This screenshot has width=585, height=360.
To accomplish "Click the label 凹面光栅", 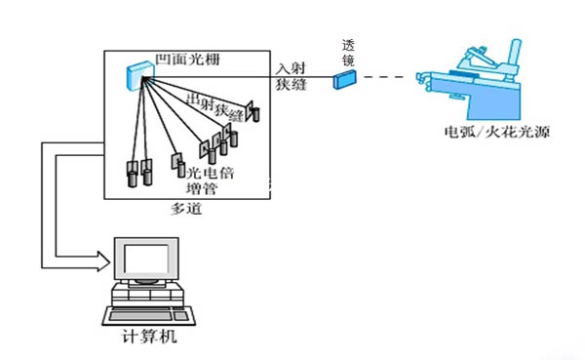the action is point(187,60).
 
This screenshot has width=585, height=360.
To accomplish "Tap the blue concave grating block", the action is point(139,76).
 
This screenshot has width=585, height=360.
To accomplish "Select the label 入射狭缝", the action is point(291,76).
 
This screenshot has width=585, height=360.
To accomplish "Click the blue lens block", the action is point(344,79).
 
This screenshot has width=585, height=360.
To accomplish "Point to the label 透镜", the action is point(348,53).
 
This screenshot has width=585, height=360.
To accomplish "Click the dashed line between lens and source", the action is point(383,77).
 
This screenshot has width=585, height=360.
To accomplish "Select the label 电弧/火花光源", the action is point(497,132).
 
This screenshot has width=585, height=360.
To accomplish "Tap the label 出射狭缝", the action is point(214,107).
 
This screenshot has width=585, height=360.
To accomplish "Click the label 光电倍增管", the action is point(209,180).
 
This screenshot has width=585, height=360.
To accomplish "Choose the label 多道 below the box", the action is point(186,209).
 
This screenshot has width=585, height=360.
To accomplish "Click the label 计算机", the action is point(149,337).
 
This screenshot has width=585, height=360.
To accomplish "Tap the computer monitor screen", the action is point(146,260).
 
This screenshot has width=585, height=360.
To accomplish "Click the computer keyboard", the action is point(149,315).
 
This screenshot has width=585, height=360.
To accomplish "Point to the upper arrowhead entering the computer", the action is point(103,257).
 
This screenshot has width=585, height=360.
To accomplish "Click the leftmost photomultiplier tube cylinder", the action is point(133,179).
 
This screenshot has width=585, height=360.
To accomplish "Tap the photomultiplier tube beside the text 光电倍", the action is point(181,170).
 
